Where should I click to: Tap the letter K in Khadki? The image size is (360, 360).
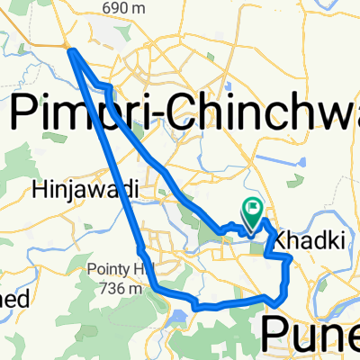pyautogui.click(x=278, y=241)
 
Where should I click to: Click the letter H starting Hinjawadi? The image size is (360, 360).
pyautogui.click(x=38, y=190)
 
